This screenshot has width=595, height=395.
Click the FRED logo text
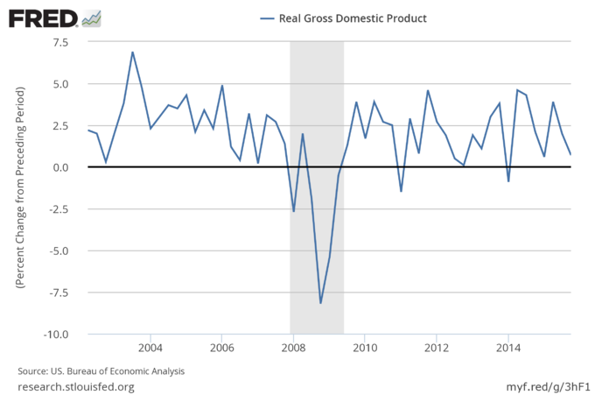[43, 18]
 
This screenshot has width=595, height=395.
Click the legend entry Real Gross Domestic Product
[345, 18]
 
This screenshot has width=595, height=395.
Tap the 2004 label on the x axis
[150, 349]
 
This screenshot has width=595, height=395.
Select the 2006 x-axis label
[221, 349]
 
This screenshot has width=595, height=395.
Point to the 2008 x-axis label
[293, 349]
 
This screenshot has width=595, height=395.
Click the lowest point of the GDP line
[320, 303]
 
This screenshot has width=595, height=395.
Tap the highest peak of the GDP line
[132, 52]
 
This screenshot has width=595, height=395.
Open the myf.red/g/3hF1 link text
[543, 386]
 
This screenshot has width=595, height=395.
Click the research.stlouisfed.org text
[76, 386]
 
